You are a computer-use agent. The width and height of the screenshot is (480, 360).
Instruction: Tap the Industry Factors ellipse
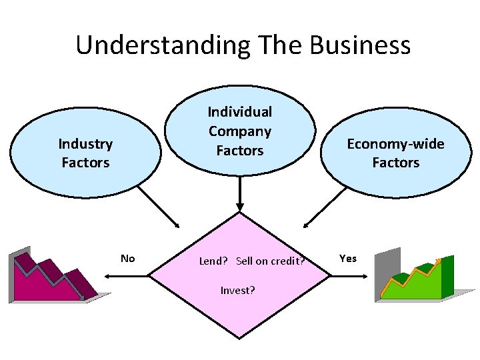(85, 153)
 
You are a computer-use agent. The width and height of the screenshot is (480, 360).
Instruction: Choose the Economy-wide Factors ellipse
(395, 153)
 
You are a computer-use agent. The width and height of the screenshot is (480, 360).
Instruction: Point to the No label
(127, 258)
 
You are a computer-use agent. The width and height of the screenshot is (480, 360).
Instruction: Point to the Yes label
(348, 258)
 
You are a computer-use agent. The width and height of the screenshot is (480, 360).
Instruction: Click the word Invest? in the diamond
(238, 290)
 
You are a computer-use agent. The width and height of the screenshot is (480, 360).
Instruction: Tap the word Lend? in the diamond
(213, 261)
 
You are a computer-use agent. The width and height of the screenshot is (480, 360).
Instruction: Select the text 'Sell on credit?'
(270, 261)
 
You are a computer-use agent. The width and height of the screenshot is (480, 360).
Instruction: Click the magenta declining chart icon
(53, 277)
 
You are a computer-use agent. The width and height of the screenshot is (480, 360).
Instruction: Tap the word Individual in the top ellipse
(240, 112)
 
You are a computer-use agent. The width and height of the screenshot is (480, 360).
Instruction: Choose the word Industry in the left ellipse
(85, 143)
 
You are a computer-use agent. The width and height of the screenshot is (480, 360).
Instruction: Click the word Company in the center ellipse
(240, 131)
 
